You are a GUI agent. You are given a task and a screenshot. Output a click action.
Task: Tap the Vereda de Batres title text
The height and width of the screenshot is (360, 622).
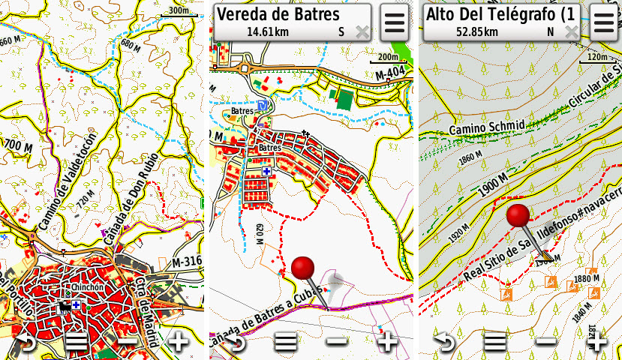pyautogui.click(x=278, y=15)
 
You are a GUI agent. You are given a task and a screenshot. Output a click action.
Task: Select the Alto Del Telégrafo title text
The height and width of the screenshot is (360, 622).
pyautogui.click(x=500, y=15)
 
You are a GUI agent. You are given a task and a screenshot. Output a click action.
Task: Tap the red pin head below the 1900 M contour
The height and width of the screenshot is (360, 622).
pyautogui.click(x=518, y=215)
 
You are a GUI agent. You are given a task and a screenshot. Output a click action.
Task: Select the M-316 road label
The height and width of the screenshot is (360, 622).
pyautogui.click(x=188, y=262)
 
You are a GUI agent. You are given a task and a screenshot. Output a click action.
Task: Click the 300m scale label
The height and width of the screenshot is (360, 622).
pyautogui.click(x=179, y=10)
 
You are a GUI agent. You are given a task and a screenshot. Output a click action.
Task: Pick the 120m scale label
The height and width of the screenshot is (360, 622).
pyautogui.click(x=597, y=57)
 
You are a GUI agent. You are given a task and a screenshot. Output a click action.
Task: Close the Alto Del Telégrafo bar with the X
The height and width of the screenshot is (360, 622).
pyautogui.click(x=572, y=31)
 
